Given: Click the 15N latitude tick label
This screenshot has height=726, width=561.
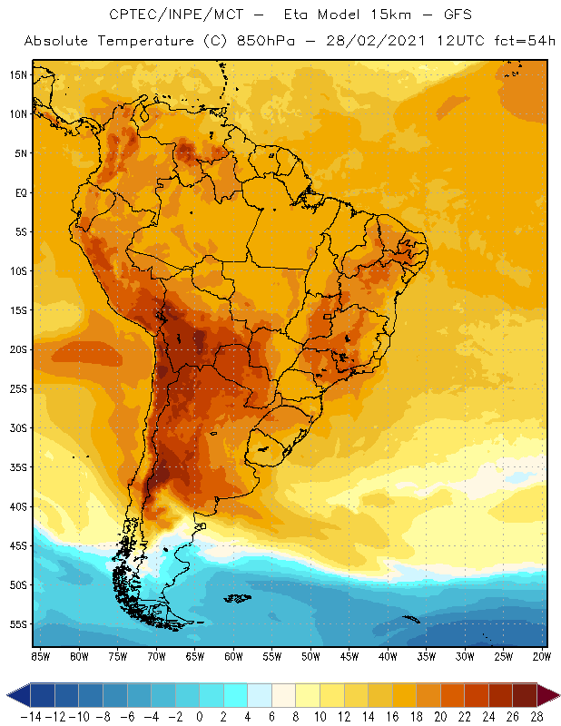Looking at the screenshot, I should pos(19,74).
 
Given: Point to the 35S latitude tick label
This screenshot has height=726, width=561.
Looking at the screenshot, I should pos(19,467).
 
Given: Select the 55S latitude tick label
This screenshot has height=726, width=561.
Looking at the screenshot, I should pos(19,624).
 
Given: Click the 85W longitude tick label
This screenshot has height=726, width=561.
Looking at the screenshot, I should pos(41,655).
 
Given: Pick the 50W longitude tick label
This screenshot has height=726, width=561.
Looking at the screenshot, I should pos(310,655).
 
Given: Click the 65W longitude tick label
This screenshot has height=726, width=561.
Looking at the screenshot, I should pos(194,655).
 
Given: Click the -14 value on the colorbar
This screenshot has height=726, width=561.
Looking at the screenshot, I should pos(31,716).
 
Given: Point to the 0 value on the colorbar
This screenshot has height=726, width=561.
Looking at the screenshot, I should pos(200,716).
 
